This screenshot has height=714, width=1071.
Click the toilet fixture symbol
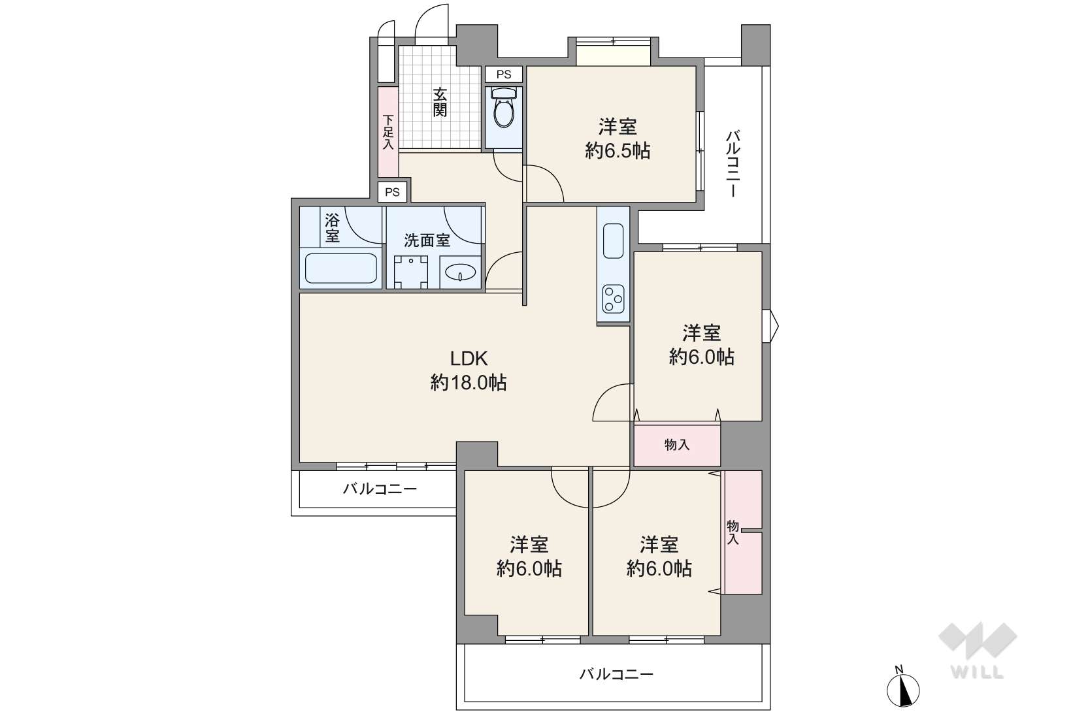[x=503, y=108]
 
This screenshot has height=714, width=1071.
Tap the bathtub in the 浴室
[x=341, y=268]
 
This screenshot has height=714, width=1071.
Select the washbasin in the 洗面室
[x=461, y=272]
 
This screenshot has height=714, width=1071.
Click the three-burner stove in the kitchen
[x=614, y=299]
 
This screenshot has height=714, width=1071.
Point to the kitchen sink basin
[x=614, y=241]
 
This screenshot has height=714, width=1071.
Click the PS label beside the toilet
[x=503, y=74]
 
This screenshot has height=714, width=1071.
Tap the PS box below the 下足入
[x=393, y=192]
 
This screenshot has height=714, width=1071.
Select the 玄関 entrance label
[x=440, y=102]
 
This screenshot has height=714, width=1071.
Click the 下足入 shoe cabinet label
[x=388, y=132]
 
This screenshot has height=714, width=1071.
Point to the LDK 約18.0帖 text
[x=469, y=370]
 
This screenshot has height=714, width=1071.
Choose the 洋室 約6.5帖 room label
[x=618, y=139]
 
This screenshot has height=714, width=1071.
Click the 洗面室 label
[x=427, y=240]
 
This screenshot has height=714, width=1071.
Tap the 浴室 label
[x=333, y=228]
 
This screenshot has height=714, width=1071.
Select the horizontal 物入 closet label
[x=677, y=445]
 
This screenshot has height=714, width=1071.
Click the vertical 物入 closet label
[x=733, y=532]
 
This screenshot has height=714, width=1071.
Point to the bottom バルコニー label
[x=616, y=674]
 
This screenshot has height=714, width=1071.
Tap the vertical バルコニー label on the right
[x=733, y=163]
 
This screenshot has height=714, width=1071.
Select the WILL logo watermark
[x=978, y=651]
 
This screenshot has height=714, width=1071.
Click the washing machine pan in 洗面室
[x=411, y=272]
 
